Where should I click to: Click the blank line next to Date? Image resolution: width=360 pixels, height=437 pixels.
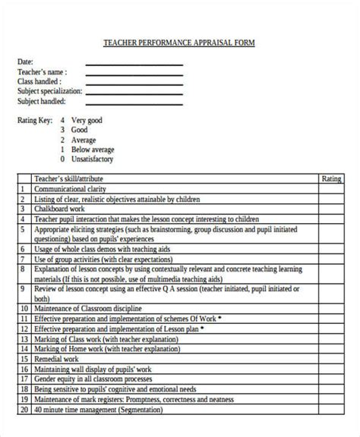tap(134, 64)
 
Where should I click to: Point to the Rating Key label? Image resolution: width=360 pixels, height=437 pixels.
tap(34, 120)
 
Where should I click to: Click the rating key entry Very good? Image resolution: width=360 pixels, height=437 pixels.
tap(86, 120)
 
